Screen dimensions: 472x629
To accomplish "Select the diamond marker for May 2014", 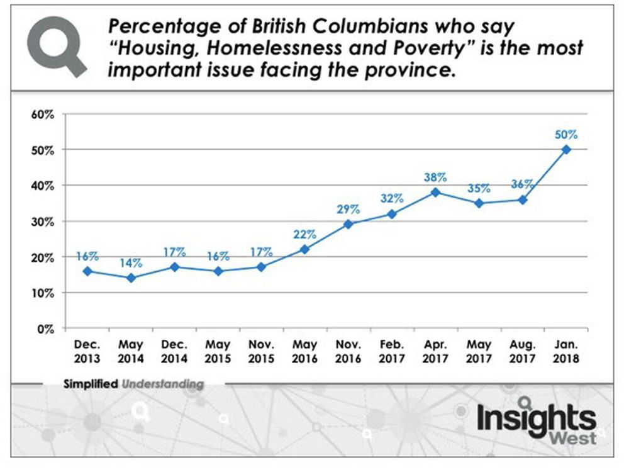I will coord(130,278).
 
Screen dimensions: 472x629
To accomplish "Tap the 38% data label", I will coord(433,177).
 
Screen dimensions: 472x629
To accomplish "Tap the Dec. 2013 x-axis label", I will coord(87,351).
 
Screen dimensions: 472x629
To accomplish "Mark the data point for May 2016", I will coord(304,249).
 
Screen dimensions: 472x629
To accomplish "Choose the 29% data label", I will coord(347,209).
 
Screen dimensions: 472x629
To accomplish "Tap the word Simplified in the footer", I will coord(91,383).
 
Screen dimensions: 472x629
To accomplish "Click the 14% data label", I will coord(130,262).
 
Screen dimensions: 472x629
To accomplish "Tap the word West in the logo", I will coord(574,438).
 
